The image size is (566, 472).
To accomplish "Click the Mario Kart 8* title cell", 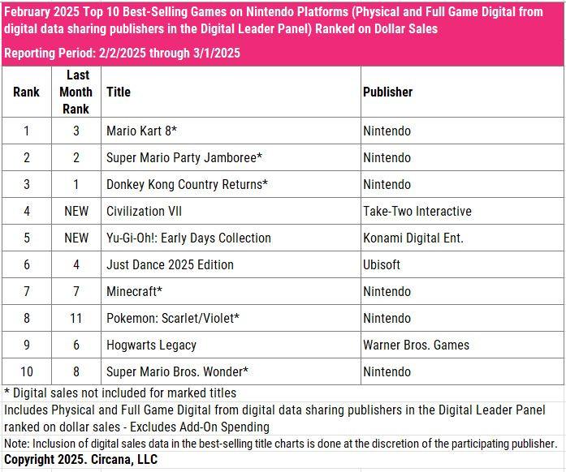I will [141, 131].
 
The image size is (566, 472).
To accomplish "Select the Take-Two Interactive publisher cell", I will [417, 211].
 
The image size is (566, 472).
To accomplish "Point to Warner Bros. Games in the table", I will [416, 345].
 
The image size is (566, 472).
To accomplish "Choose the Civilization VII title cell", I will [144, 211].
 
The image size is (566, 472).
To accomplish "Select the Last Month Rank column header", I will [76, 92].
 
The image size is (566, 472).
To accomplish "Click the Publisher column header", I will [387, 92].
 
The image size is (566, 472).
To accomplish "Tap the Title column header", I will [118, 92].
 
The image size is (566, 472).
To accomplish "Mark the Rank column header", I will [26, 92].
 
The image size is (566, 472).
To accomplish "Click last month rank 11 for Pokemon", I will [76, 318].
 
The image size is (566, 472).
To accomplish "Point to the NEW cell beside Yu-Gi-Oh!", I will [76, 238].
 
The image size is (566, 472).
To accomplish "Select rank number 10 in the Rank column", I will [26, 371].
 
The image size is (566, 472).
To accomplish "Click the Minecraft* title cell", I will [134, 291].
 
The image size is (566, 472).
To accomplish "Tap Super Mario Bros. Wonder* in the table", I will [177, 371].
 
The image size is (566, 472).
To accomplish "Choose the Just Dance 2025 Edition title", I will [170, 264].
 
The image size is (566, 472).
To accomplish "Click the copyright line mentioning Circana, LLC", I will [80, 459].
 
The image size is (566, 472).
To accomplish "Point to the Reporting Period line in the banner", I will [122, 53].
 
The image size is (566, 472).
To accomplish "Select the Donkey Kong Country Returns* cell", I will [187, 184].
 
